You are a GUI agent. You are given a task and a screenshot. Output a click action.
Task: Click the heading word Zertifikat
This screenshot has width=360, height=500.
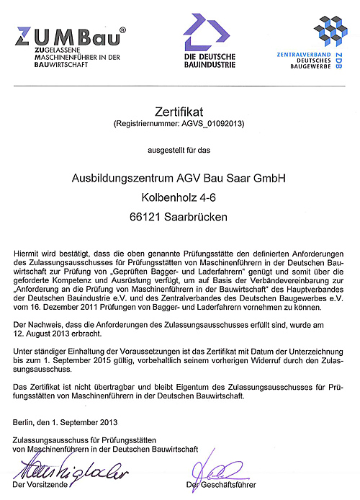point(179,112)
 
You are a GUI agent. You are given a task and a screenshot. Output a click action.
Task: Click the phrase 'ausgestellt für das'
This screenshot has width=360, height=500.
point(179,150)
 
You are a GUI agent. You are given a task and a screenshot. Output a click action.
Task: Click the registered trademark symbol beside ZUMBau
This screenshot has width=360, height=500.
point(122,30)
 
